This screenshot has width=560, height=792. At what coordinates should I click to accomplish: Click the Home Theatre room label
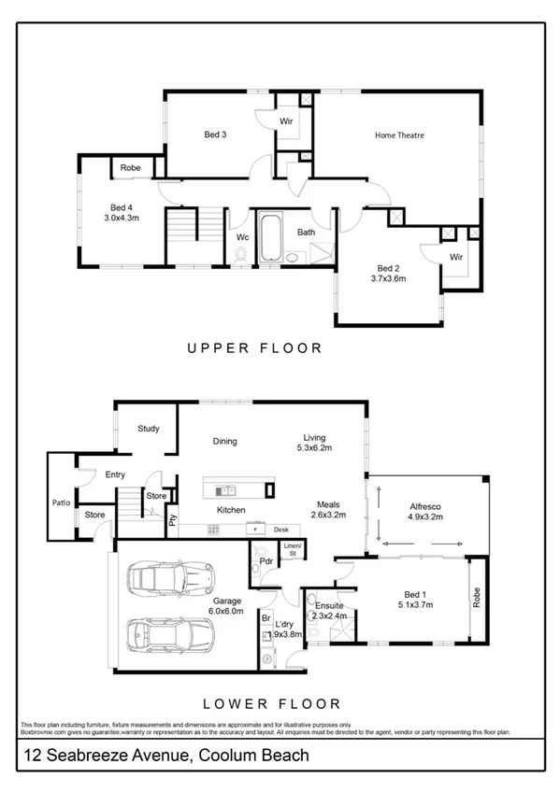click(x=399, y=135)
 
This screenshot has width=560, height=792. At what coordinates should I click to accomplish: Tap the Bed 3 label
click(x=215, y=134)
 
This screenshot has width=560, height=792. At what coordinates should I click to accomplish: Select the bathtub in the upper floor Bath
click(x=270, y=239)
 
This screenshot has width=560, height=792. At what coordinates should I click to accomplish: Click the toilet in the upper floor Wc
click(x=243, y=262)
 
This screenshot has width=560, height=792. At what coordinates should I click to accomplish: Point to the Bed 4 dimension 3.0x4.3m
click(x=122, y=218)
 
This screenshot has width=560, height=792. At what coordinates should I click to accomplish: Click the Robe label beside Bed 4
click(x=130, y=167)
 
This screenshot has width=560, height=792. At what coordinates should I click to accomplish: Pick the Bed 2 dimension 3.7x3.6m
click(x=388, y=277)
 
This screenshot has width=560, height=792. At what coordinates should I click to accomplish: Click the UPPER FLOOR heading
click(x=254, y=348)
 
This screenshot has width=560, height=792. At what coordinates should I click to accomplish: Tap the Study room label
click(x=148, y=429)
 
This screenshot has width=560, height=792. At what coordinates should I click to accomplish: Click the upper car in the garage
click(x=170, y=578)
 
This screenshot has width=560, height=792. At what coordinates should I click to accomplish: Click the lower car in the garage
click(x=168, y=638)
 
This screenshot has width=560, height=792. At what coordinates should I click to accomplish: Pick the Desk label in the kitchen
click(x=280, y=530)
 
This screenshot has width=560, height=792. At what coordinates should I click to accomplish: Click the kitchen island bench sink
click(x=226, y=489)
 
